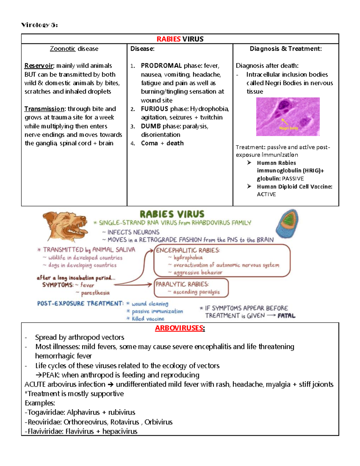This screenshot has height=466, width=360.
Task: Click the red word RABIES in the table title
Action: coord(168,39)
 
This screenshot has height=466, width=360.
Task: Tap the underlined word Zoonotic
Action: coord(62,49)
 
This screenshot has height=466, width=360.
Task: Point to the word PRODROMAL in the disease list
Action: coord(161,66)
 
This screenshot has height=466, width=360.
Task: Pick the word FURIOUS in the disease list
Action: coord(154,109)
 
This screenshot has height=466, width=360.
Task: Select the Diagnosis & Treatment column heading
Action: coord(286,49)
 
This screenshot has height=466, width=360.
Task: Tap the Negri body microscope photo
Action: coord(288,117)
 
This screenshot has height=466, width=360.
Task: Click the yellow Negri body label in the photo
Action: coord(289,128)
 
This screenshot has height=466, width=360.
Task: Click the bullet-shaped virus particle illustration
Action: coord(287,224)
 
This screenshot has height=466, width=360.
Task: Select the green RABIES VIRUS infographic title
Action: coord(172,214)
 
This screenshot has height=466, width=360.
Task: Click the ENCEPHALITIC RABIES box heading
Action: coord(188,250)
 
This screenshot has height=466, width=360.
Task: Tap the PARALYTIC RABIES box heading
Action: coord(182,284)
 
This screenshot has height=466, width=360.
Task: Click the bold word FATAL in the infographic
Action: coord(286,316)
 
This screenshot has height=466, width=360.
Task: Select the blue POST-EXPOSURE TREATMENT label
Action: coord(80,303)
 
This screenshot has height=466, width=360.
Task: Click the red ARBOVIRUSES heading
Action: coord(179,328)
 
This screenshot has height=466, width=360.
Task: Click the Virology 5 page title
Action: coord(39,25)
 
